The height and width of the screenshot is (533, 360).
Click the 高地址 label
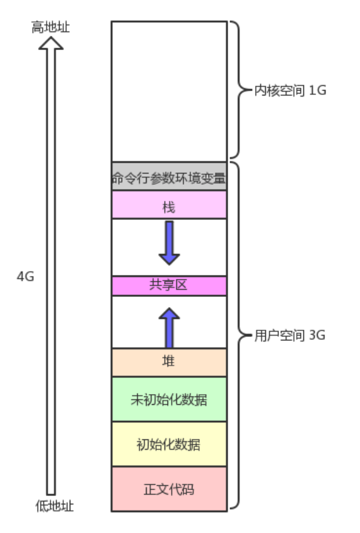tap(50, 27)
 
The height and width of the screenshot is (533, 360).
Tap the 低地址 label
tap(54, 506)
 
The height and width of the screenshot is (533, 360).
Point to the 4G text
tap(26, 277)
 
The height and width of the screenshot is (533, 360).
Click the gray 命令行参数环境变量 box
tap(169, 176)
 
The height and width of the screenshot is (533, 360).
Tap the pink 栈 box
tap(169, 205)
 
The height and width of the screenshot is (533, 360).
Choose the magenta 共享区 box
tap(169, 286)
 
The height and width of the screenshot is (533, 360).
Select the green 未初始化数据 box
tap(169, 399)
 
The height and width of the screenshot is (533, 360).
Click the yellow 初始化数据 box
tap(169, 444)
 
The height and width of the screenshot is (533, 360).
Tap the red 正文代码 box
tap(169, 489)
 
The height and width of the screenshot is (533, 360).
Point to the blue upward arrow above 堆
tap(169, 327)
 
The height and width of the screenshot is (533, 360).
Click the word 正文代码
tap(169, 490)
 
